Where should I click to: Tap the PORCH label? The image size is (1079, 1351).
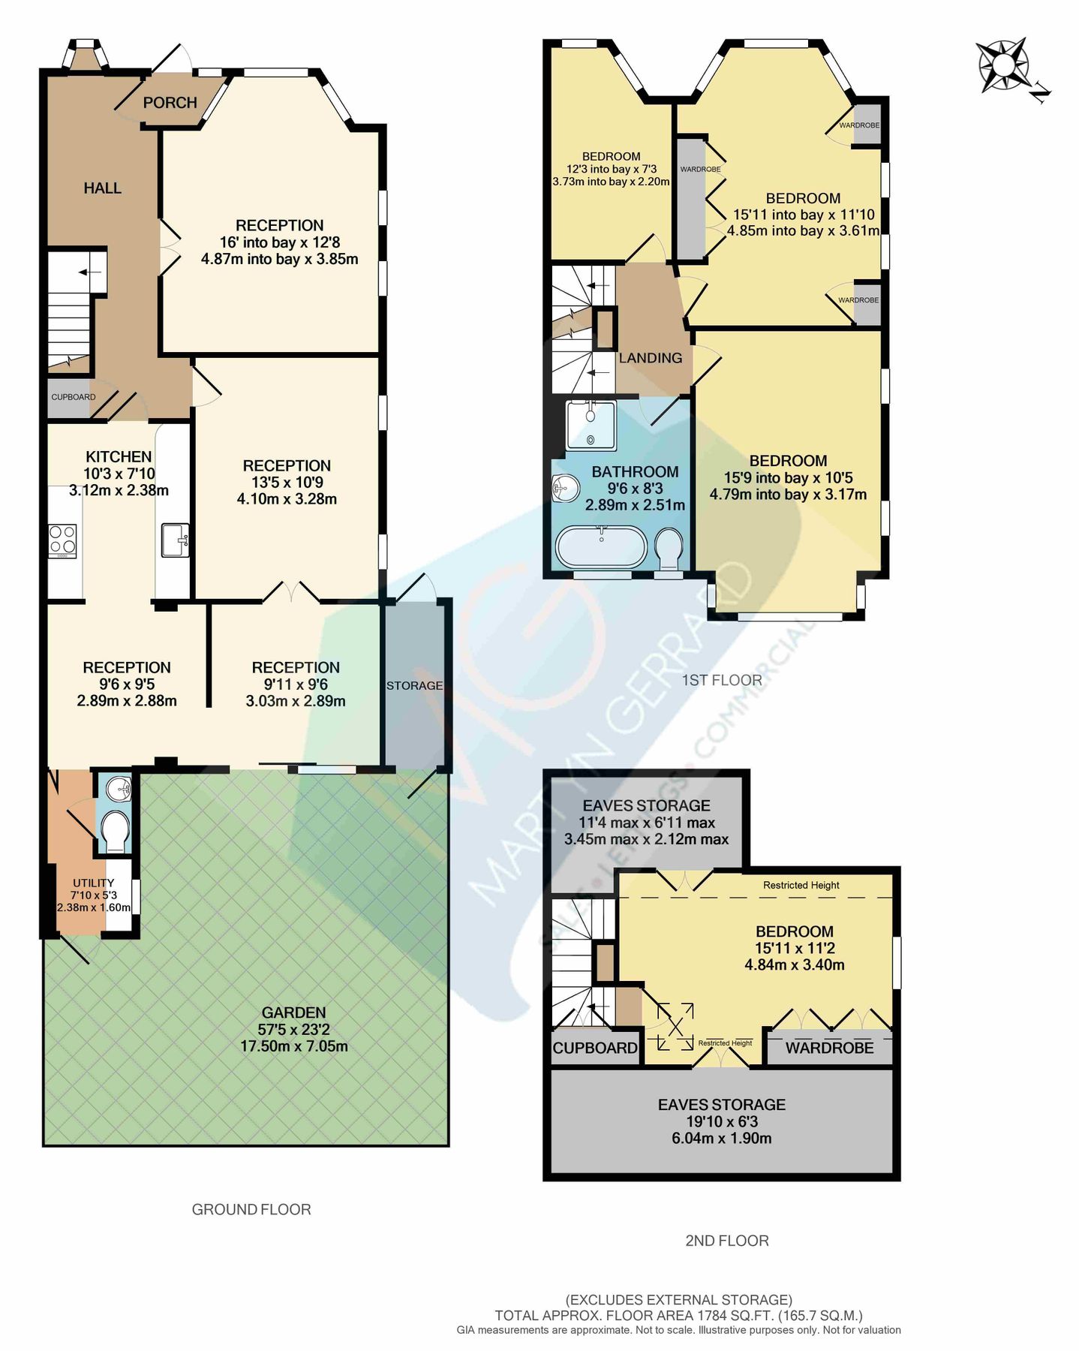pyautogui.click(x=170, y=103)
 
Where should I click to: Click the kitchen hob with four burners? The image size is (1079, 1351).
pyautogui.click(x=62, y=540)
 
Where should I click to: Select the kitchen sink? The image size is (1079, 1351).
pyautogui.click(x=175, y=540)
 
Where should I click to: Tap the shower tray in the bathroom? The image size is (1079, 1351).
pyautogui.click(x=591, y=425)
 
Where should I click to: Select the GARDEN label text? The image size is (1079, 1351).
pyautogui.click(x=293, y=1012)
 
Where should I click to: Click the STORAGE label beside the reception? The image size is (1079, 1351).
pyautogui.click(x=414, y=685)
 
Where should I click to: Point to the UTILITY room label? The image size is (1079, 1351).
pyautogui.click(x=93, y=883)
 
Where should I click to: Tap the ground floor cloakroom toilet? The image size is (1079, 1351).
pyautogui.click(x=115, y=830)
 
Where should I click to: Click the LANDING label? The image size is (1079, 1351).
pyautogui.click(x=650, y=358)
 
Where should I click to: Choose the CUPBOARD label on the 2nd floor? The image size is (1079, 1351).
pyautogui.click(x=595, y=1048)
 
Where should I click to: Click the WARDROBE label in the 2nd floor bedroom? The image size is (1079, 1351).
pyautogui.click(x=829, y=1048)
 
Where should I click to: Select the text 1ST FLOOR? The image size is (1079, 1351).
pyautogui.click(x=721, y=680)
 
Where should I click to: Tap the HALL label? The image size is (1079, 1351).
pyautogui.click(x=102, y=188)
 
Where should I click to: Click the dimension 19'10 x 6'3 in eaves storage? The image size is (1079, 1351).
pyautogui.click(x=721, y=1121)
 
